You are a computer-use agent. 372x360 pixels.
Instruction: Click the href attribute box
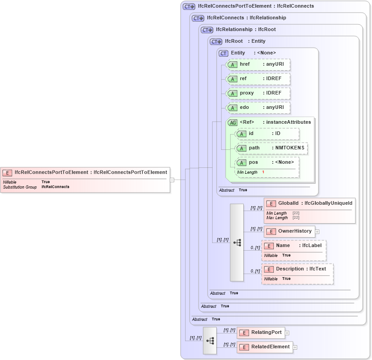click(x=258, y=64)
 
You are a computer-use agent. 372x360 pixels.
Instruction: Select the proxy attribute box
click(x=258, y=93)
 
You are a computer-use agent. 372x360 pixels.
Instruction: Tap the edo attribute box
click(x=258, y=108)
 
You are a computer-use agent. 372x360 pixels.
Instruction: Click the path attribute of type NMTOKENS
click(x=272, y=148)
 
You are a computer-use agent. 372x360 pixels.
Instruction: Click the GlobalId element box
click(x=310, y=203)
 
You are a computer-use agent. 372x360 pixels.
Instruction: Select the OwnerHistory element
click(x=290, y=231)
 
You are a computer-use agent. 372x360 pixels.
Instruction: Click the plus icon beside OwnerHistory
click(x=317, y=232)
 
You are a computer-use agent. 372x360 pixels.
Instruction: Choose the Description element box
click(x=298, y=269)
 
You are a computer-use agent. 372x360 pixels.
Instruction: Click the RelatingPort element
click(x=261, y=333)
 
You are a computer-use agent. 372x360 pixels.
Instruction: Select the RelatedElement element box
click(x=265, y=347)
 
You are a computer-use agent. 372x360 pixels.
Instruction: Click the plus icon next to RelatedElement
click(x=295, y=347)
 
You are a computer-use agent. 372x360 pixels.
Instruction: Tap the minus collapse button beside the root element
click(x=172, y=180)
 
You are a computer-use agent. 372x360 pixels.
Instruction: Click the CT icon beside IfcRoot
click(x=217, y=41)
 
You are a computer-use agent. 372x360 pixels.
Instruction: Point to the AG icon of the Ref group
click(x=232, y=122)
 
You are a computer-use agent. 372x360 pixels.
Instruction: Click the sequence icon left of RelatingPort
click(x=210, y=340)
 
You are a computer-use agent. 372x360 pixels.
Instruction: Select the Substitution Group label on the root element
click(x=20, y=187)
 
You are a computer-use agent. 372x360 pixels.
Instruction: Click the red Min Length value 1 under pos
click(x=263, y=172)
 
